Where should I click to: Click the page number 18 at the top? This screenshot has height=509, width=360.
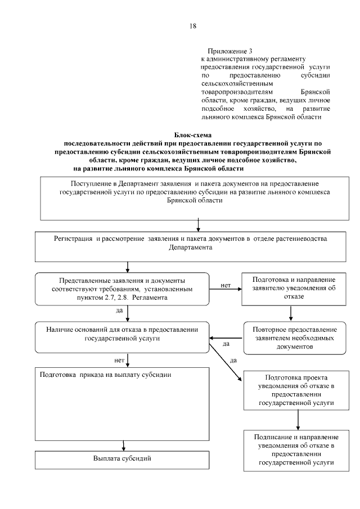click(192, 26)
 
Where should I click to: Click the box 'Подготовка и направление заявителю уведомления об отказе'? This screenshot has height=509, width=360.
click(294, 288)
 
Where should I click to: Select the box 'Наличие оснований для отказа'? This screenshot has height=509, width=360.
click(122, 335)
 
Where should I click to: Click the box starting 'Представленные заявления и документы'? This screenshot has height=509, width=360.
click(122, 288)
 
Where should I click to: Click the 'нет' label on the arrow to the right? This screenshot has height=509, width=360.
click(226, 285)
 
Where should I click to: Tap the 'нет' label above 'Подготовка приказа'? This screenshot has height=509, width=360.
click(119, 359)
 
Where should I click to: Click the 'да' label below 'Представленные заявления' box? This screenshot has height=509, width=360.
click(119, 310)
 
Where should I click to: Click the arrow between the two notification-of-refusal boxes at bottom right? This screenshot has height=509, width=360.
click(298, 420)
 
